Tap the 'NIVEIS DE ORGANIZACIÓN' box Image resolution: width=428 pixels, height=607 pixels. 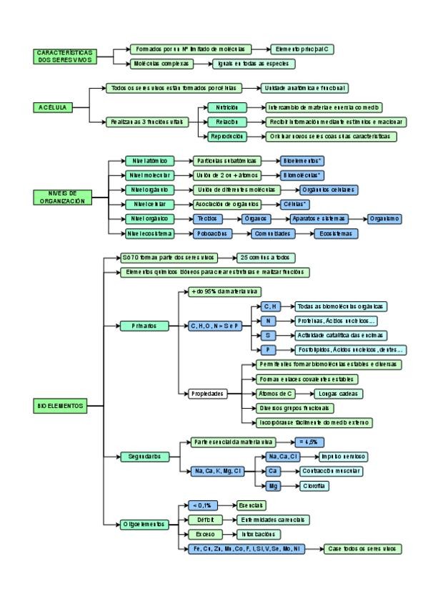(62, 198)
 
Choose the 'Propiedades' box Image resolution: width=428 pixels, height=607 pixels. (207, 394)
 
